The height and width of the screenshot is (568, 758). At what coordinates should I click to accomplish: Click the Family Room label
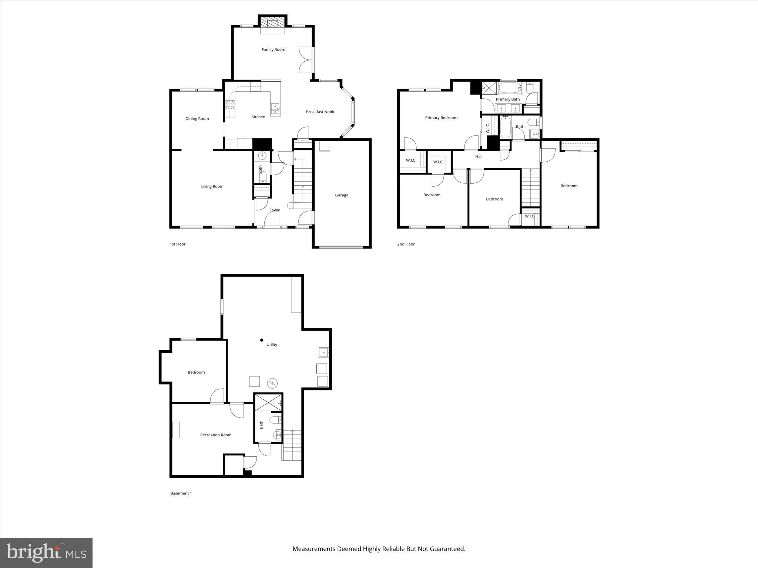(273, 50)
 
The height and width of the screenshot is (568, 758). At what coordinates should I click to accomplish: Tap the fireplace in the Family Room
(273, 23)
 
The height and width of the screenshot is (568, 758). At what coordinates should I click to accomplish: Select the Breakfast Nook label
(320, 112)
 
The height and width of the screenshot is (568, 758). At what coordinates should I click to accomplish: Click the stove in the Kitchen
(230, 105)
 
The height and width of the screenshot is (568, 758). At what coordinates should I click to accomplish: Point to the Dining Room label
(197, 119)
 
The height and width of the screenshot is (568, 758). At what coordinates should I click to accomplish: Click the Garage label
(341, 195)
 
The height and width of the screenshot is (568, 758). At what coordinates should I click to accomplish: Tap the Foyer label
(274, 210)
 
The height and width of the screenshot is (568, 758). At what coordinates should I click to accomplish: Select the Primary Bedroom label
(441, 118)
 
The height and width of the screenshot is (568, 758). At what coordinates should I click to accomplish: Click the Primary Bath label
(507, 99)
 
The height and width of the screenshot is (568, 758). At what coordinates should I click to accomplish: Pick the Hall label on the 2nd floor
(479, 156)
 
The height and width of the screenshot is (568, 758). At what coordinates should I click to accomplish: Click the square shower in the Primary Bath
(489, 88)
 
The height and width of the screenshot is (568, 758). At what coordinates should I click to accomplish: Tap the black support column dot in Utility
(262, 340)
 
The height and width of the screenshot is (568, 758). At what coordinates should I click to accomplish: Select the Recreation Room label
(215, 435)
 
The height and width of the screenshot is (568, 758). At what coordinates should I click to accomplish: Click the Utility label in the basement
(272, 345)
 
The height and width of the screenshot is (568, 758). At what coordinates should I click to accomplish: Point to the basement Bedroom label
(196, 372)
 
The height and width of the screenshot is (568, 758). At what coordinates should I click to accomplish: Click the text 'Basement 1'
(181, 493)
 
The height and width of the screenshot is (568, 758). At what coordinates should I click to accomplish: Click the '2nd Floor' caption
(406, 244)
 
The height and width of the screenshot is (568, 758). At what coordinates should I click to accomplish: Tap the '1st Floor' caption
(177, 244)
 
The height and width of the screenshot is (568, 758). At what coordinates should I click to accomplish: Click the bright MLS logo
(46, 552)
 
